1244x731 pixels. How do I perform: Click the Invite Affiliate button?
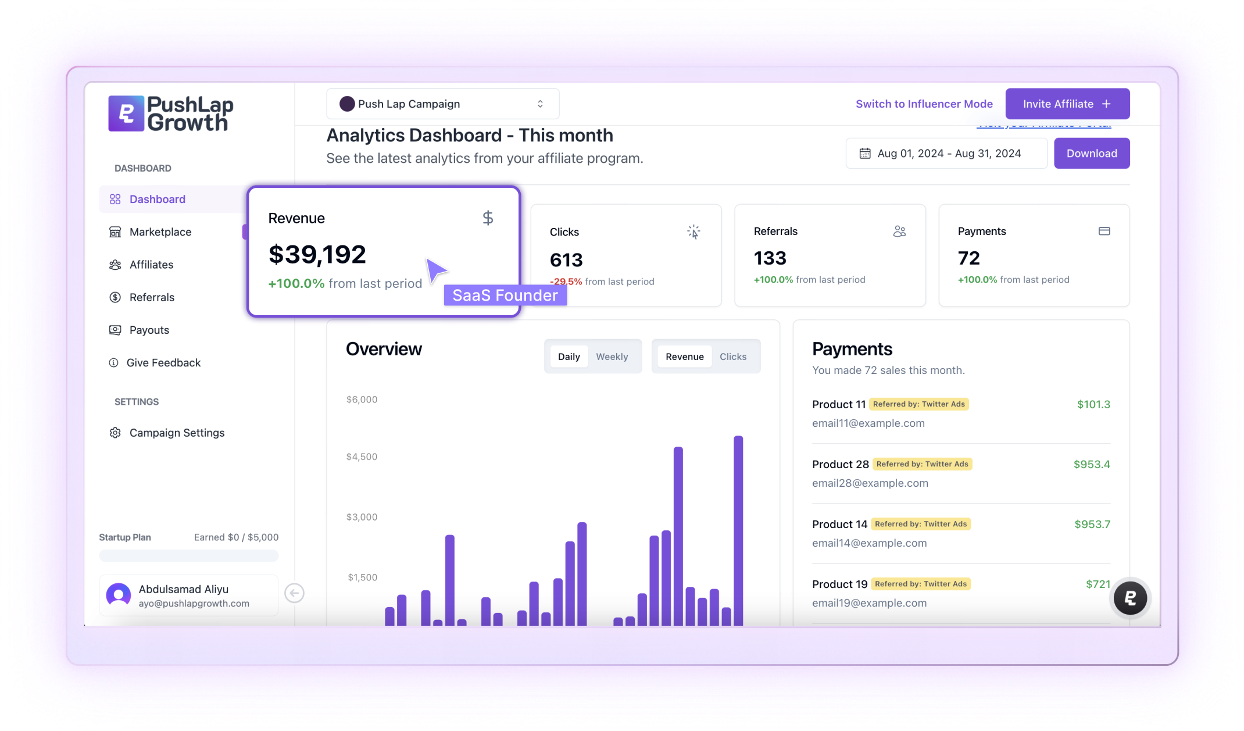tap(1067, 104)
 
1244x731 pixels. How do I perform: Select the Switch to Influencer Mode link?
tap(924, 104)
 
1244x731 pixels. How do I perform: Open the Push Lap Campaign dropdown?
tap(442, 104)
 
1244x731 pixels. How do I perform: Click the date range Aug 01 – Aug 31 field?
tap(946, 154)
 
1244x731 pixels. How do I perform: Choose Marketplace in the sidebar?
tap(160, 232)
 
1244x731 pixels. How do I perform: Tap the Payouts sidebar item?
tap(149, 330)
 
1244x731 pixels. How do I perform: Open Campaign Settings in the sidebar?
tap(177, 433)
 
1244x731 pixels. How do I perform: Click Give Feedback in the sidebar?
tap(163, 363)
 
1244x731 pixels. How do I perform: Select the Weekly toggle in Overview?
tap(612, 356)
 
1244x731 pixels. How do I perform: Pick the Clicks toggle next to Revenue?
tap(733, 356)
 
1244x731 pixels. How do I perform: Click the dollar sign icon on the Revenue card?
tap(488, 218)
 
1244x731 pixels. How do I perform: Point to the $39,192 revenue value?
tap(317, 254)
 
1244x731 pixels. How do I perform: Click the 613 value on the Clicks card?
tap(566, 260)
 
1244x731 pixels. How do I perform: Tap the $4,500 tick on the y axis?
tap(362, 457)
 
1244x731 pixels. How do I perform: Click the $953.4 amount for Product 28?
tap(1092, 464)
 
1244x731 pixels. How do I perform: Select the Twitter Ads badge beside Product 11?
tap(919, 404)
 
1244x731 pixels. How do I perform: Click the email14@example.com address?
tap(870, 543)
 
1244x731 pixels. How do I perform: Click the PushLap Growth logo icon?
tap(126, 113)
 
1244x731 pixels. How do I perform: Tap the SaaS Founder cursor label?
tap(505, 295)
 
